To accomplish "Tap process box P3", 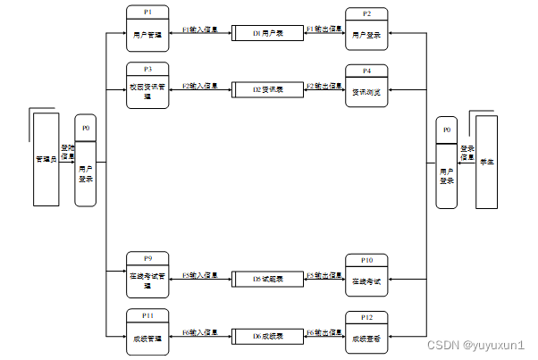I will pyautogui.click(x=147, y=86).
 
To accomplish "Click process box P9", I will pyautogui.click(x=147, y=275).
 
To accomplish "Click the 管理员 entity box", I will pyautogui.click(x=46, y=159).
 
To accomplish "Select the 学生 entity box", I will pyautogui.click(x=487, y=161).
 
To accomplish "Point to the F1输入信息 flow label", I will pyautogui.click(x=200, y=29).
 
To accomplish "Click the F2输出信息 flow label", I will pyautogui.click(x=324, y=86).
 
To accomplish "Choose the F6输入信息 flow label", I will pyautogui.click(x=200, y=332).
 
